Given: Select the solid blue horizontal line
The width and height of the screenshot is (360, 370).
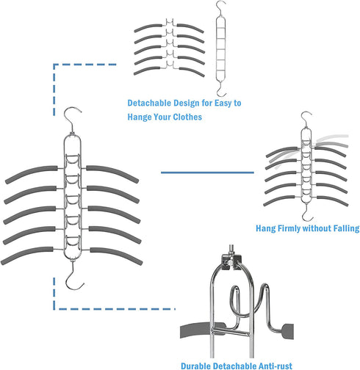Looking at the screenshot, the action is click(207, 173).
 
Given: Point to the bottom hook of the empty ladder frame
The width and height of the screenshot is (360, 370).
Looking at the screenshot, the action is click(221, 91).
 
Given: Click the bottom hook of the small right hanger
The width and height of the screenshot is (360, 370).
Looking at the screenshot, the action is click(307, 214).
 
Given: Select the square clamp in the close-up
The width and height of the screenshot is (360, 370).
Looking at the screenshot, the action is click(231, 262).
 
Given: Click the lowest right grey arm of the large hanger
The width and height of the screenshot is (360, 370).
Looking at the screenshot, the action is click(116, 255).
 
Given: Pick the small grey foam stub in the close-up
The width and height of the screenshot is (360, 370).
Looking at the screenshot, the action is click(288, 331).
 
